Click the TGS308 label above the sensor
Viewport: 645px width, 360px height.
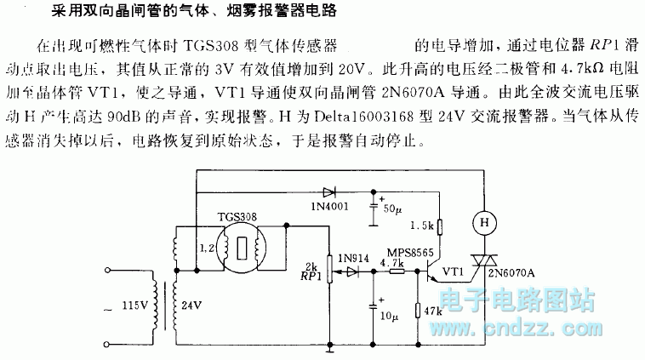(x=240, y=218)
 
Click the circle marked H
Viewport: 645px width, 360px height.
(x=483, y=222)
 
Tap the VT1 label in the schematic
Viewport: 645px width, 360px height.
(x=458, y=274)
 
